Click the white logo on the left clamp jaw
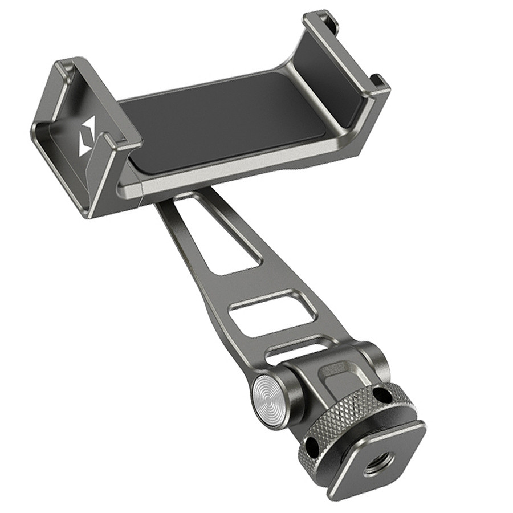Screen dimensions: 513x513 pyautogui.click(x=88, y=136)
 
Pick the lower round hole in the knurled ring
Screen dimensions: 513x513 pyautogui.click(x=310, y=445)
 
